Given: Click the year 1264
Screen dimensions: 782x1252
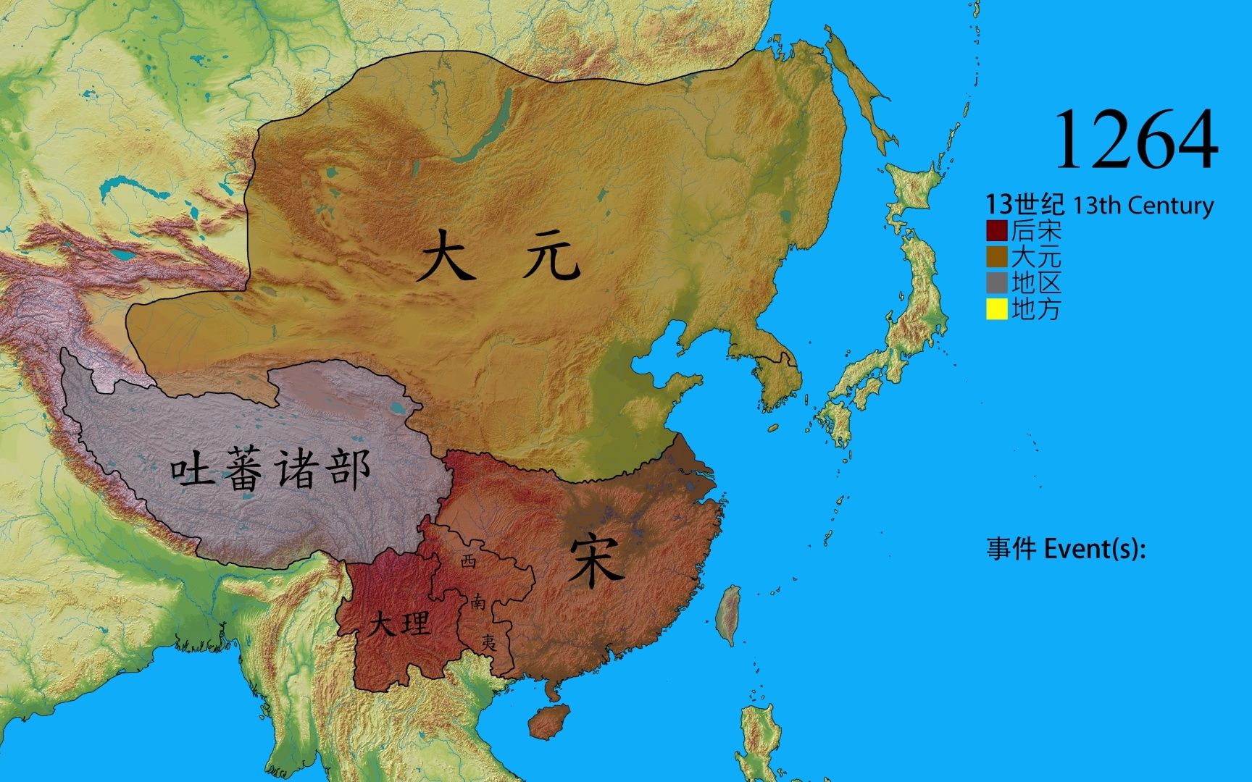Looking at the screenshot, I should click(1135, 140).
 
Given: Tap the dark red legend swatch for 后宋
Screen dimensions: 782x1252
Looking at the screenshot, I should click(997, 231).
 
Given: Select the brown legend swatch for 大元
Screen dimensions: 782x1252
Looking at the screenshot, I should click(997, 257).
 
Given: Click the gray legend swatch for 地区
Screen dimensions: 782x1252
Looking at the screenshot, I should click(997, 283).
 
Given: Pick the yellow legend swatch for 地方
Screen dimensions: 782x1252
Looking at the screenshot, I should click(997, 309).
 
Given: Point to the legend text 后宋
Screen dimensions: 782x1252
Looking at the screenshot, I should click(1036, 231).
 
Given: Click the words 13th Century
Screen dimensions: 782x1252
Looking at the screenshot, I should click(1143, 206).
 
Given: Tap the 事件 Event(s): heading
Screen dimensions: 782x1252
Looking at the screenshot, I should click(1066, 549).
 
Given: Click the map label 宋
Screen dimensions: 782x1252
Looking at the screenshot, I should click(596, 561).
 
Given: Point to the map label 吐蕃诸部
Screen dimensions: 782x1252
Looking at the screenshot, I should click(270, 470).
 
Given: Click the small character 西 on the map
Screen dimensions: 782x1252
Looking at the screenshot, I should click(469, 560).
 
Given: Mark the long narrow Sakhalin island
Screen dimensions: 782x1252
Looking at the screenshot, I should click(859, 94).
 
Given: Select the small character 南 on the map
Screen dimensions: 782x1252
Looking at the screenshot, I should click(478, 601).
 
